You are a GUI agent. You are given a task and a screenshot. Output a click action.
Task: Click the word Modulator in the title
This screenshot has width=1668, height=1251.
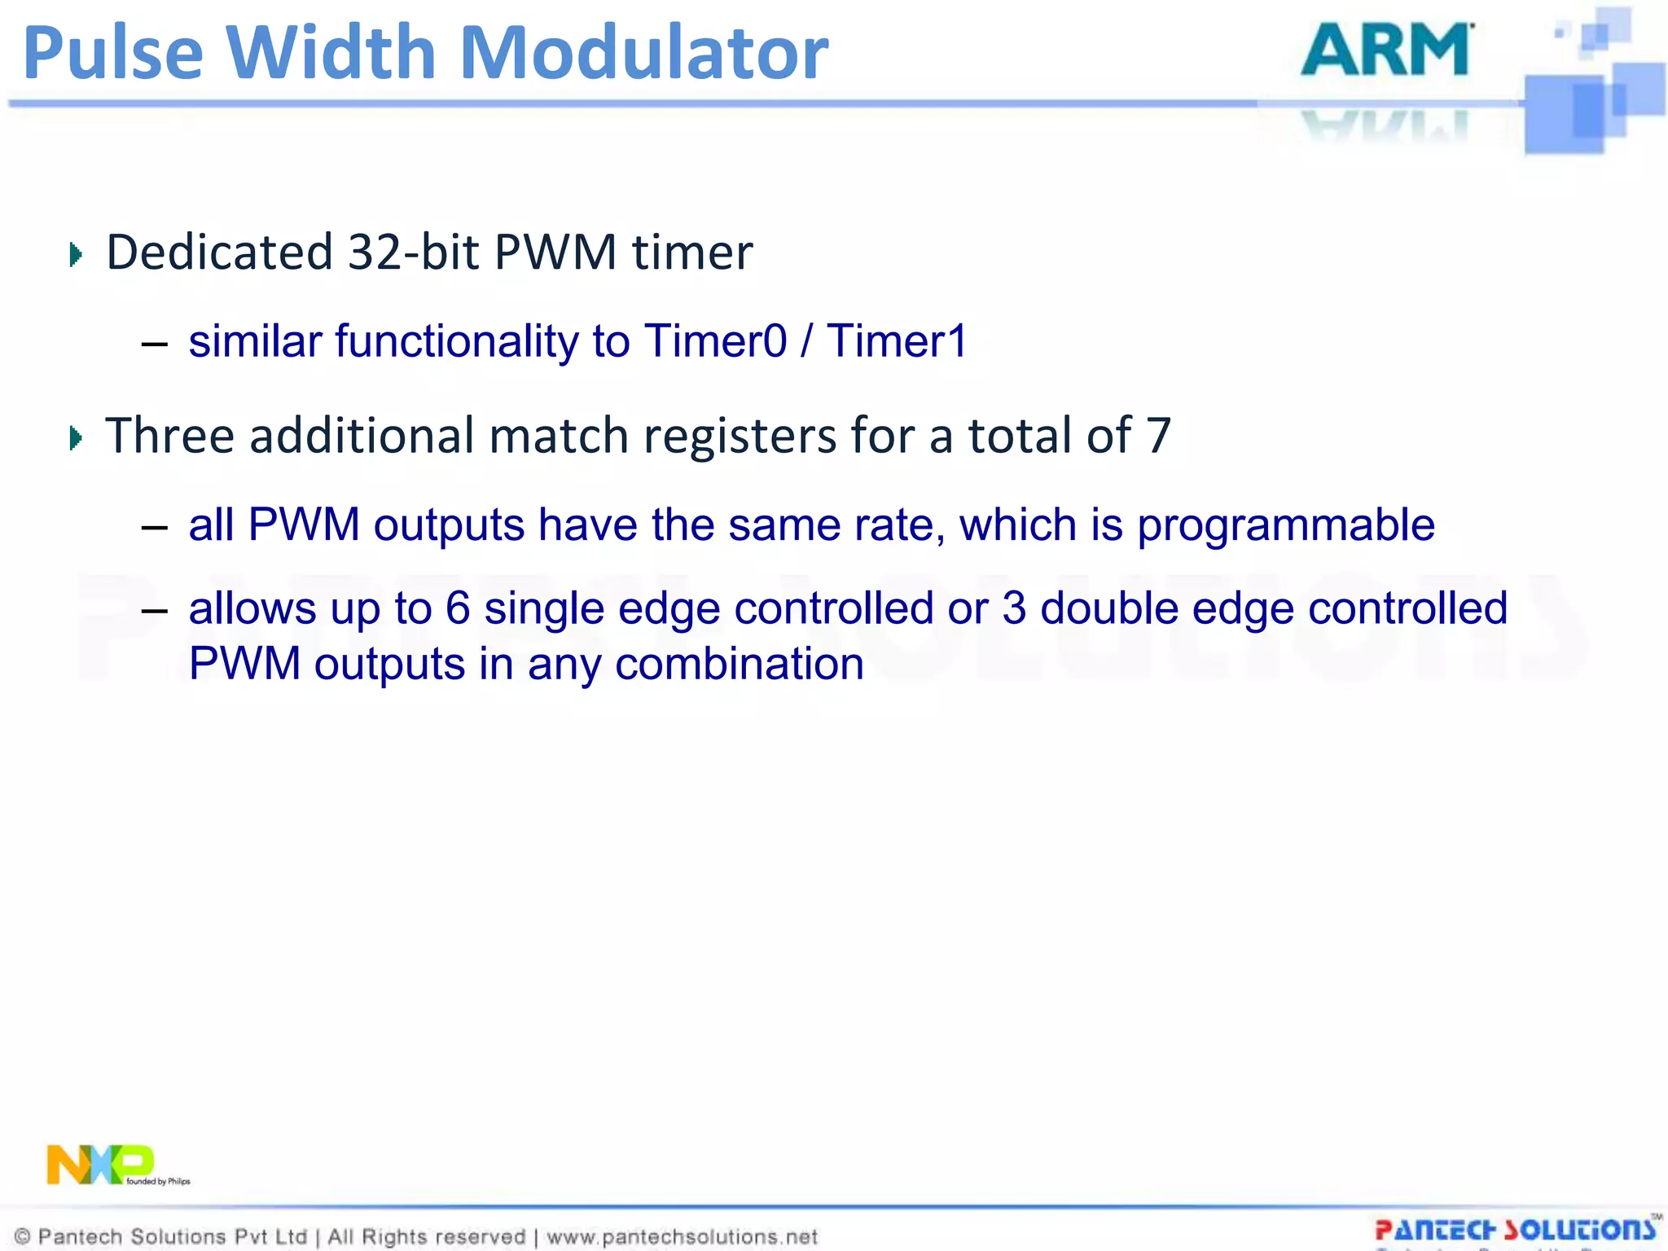pos(643,54)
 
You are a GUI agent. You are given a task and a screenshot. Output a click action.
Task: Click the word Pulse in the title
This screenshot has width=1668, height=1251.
pos(112,54)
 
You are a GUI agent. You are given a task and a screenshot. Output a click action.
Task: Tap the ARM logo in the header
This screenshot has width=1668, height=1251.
pos(1387,50)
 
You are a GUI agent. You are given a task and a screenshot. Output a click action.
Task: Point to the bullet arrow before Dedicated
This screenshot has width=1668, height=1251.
pos(76,255)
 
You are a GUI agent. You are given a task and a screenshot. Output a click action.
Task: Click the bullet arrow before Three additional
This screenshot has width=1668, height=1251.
pos(76,438)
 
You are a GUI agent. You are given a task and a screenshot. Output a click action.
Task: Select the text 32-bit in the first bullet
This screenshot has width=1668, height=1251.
pos(413,252)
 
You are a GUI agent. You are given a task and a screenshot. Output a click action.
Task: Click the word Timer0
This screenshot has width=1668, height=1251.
pos(716,340)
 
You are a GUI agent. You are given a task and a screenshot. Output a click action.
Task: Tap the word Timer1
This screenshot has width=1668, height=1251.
pos(897,340)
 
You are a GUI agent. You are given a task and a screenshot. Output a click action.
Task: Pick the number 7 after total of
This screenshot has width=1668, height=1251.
pos(1158,435)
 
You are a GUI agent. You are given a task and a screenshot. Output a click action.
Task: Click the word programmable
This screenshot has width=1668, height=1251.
pos(1286,525)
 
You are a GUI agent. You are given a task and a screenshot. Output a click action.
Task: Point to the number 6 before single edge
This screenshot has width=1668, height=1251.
pos(458,608)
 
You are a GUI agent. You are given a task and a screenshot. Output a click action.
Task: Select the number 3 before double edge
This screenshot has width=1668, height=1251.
pos(1014,608)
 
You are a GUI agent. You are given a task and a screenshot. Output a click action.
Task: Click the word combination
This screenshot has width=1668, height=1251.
pos(740,664)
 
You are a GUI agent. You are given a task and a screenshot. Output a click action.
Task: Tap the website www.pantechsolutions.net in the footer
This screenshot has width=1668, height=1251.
pos(682,1237)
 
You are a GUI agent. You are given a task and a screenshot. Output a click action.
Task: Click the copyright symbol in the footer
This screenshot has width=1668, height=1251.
pos(23,1237)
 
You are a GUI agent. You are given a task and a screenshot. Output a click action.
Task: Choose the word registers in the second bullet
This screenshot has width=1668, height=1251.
pos(740,435)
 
